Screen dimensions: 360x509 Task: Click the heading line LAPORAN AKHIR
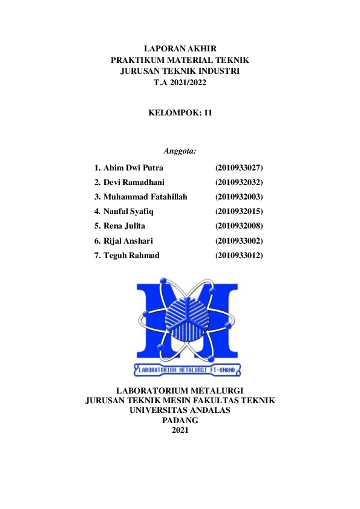[180, 48]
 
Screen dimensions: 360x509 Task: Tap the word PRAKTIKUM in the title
[135, 60]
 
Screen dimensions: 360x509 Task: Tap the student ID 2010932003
[239, 196]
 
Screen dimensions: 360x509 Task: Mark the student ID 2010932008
[239, 226]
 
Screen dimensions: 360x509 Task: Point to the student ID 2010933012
[239, 255]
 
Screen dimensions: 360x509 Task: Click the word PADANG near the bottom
[180, 420]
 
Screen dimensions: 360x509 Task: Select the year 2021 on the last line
[180, 430]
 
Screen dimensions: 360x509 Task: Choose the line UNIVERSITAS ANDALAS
[180, 410]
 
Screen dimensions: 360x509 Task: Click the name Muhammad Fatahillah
[145, 196]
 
